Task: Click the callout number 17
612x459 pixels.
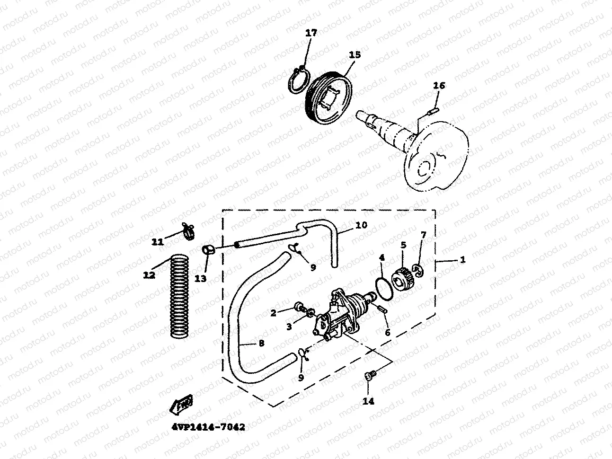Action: pos(311,33)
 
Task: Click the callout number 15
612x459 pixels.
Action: pos(355,55)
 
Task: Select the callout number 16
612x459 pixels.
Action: pos(439,85)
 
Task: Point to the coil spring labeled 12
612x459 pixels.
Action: pos(179,297)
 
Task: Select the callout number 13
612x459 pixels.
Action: pos(201,279)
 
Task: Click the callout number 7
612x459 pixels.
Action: pos(423,235)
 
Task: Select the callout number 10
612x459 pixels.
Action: pos(361,225)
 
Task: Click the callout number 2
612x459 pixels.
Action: pos(273,312)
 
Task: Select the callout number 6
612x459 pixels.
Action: pos(387,333)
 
